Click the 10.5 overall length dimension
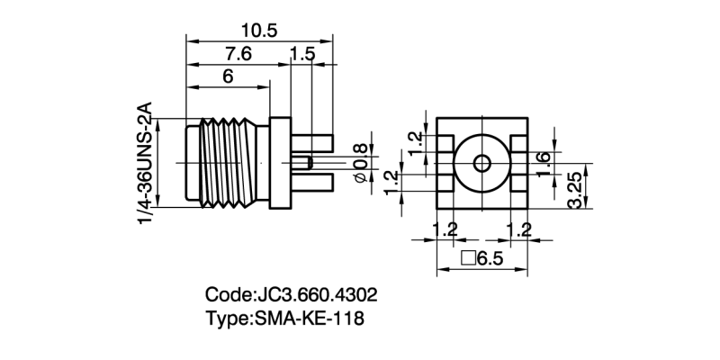click(x=260, y=30)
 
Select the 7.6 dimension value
click(x=233, y=54)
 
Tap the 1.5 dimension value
click(x=303, y=54)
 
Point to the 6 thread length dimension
click(x=227, y=77)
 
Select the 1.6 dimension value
click(x=543, y=158)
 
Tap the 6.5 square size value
click(x=490, y=259)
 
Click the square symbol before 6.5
click(x=468, y=259)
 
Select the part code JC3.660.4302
click(x=316, y=295)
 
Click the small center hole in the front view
click(x=481, y=165)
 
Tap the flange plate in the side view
click(x=281, y=163)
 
